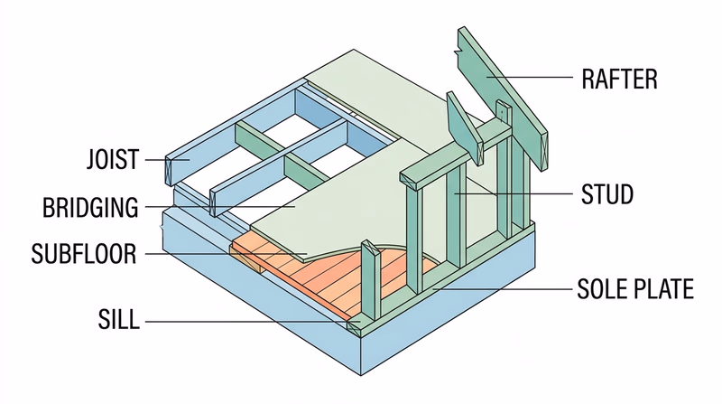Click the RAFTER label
click(620, 79)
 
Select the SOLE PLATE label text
click(635, 289)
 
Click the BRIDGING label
click(91, 208)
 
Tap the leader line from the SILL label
click(244, 321)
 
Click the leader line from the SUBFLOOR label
click(226, 254)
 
